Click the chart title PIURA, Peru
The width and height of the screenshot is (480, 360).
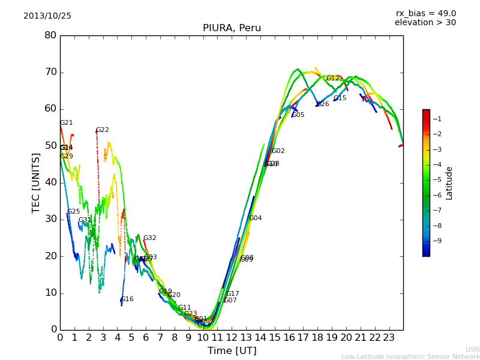(x=232, y=28)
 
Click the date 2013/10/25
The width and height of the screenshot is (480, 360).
(x=47, y=16)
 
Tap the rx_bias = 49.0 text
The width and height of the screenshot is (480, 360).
(x=425, y=14)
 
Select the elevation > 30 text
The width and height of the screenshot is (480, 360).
(x=425, y=23)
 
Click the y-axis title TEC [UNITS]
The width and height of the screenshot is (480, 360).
(x=36, y=182)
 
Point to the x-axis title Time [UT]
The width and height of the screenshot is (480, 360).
(x=232, y=351)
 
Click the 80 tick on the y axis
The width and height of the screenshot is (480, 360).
(x=50, y=35)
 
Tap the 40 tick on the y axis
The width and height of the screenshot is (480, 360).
(x=50, y=182)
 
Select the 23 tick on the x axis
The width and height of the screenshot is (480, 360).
(x=389, y=338)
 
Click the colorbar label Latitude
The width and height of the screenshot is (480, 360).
(x=449, y=183)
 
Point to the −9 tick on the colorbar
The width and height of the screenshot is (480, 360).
(x=437, y=241)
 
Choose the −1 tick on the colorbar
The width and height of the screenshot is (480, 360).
(x=437, y=119)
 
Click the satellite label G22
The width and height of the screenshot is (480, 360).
(x=103, y=130)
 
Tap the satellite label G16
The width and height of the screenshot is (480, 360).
(x=127, y=299)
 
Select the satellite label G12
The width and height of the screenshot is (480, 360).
(x=333, y=79)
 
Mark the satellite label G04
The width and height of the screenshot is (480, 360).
(x=256, y=218)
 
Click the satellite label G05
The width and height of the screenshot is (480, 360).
(x=298, y=115)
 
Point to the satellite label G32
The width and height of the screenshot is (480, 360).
(x=150, y=238)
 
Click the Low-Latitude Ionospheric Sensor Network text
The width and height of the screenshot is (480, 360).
(x=410, y=357)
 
